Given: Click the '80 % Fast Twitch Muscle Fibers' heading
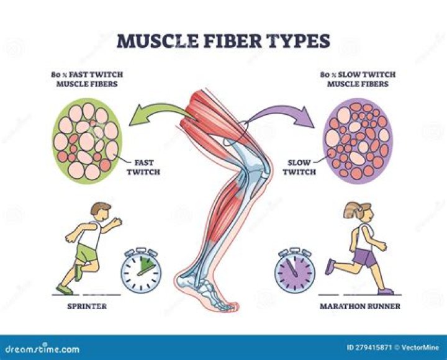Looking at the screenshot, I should (x=86, y=79).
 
